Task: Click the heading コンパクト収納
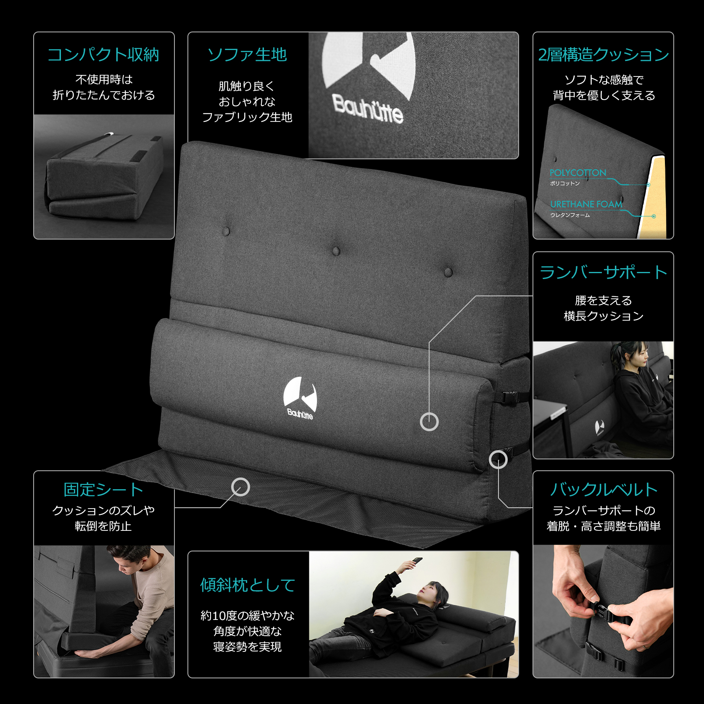103,55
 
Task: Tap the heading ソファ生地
247,55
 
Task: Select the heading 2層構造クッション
603,55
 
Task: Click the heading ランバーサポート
603,272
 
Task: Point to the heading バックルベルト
603,490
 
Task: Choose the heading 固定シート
103,490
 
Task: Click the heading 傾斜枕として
248,585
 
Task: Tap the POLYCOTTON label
578,173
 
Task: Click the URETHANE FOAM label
586,204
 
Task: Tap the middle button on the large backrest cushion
336,251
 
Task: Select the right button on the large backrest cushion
448,272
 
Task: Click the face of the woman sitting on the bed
641,358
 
